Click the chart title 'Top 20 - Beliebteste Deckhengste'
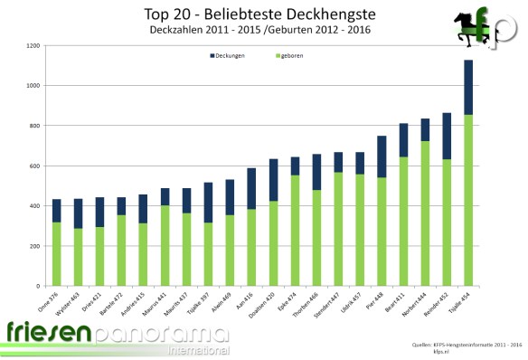(259, 14)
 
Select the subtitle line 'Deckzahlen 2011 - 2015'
(201, 31)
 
